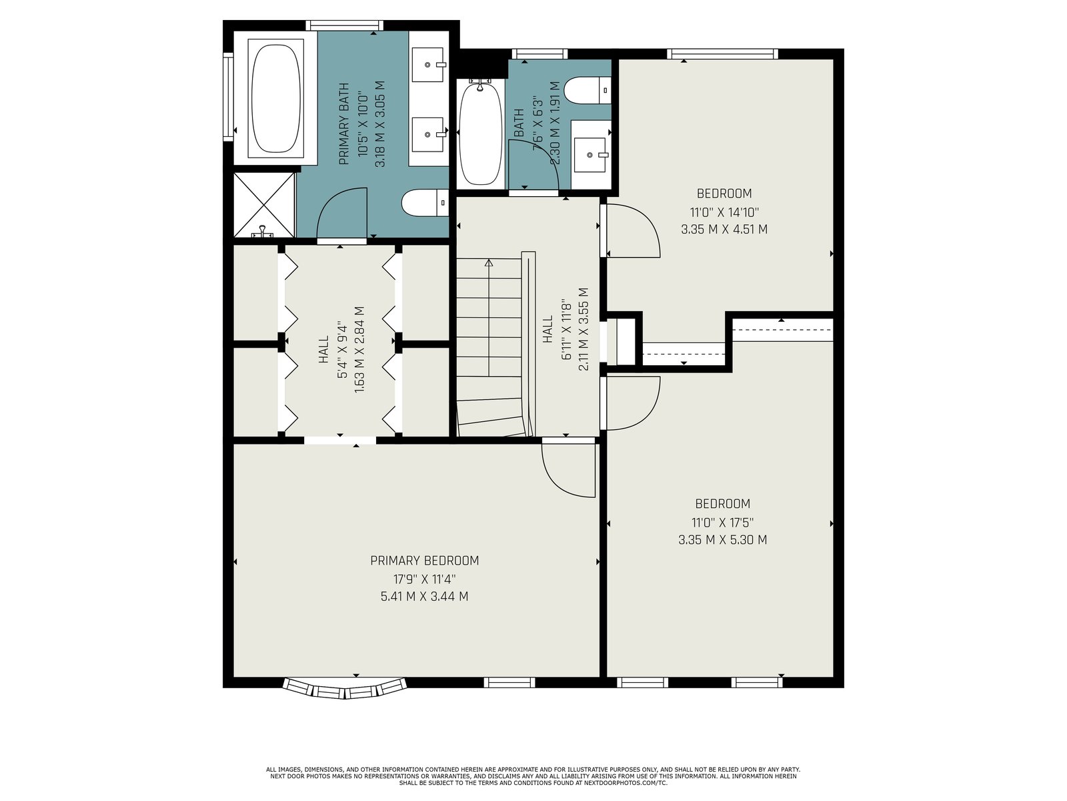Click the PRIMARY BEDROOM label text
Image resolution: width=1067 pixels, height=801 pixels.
coord(424,561)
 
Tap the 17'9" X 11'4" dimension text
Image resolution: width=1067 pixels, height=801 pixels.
coord(424,579)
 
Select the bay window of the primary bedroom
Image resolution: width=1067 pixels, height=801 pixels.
coord(345,688)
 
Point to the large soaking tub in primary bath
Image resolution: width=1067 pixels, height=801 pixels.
coord(275,99)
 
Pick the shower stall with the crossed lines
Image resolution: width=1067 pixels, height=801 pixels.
coord(265,205)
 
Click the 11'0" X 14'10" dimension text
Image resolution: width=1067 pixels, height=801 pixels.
coord(724,212)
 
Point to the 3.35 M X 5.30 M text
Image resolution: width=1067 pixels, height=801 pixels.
coord(723,540)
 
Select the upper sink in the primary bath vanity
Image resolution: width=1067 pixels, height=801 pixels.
coord(427,64)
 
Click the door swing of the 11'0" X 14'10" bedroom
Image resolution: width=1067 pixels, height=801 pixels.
coord(632,230)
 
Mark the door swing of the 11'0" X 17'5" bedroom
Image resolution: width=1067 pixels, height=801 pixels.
coord(632,404)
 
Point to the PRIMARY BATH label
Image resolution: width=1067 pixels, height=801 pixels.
coord(343,124)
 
